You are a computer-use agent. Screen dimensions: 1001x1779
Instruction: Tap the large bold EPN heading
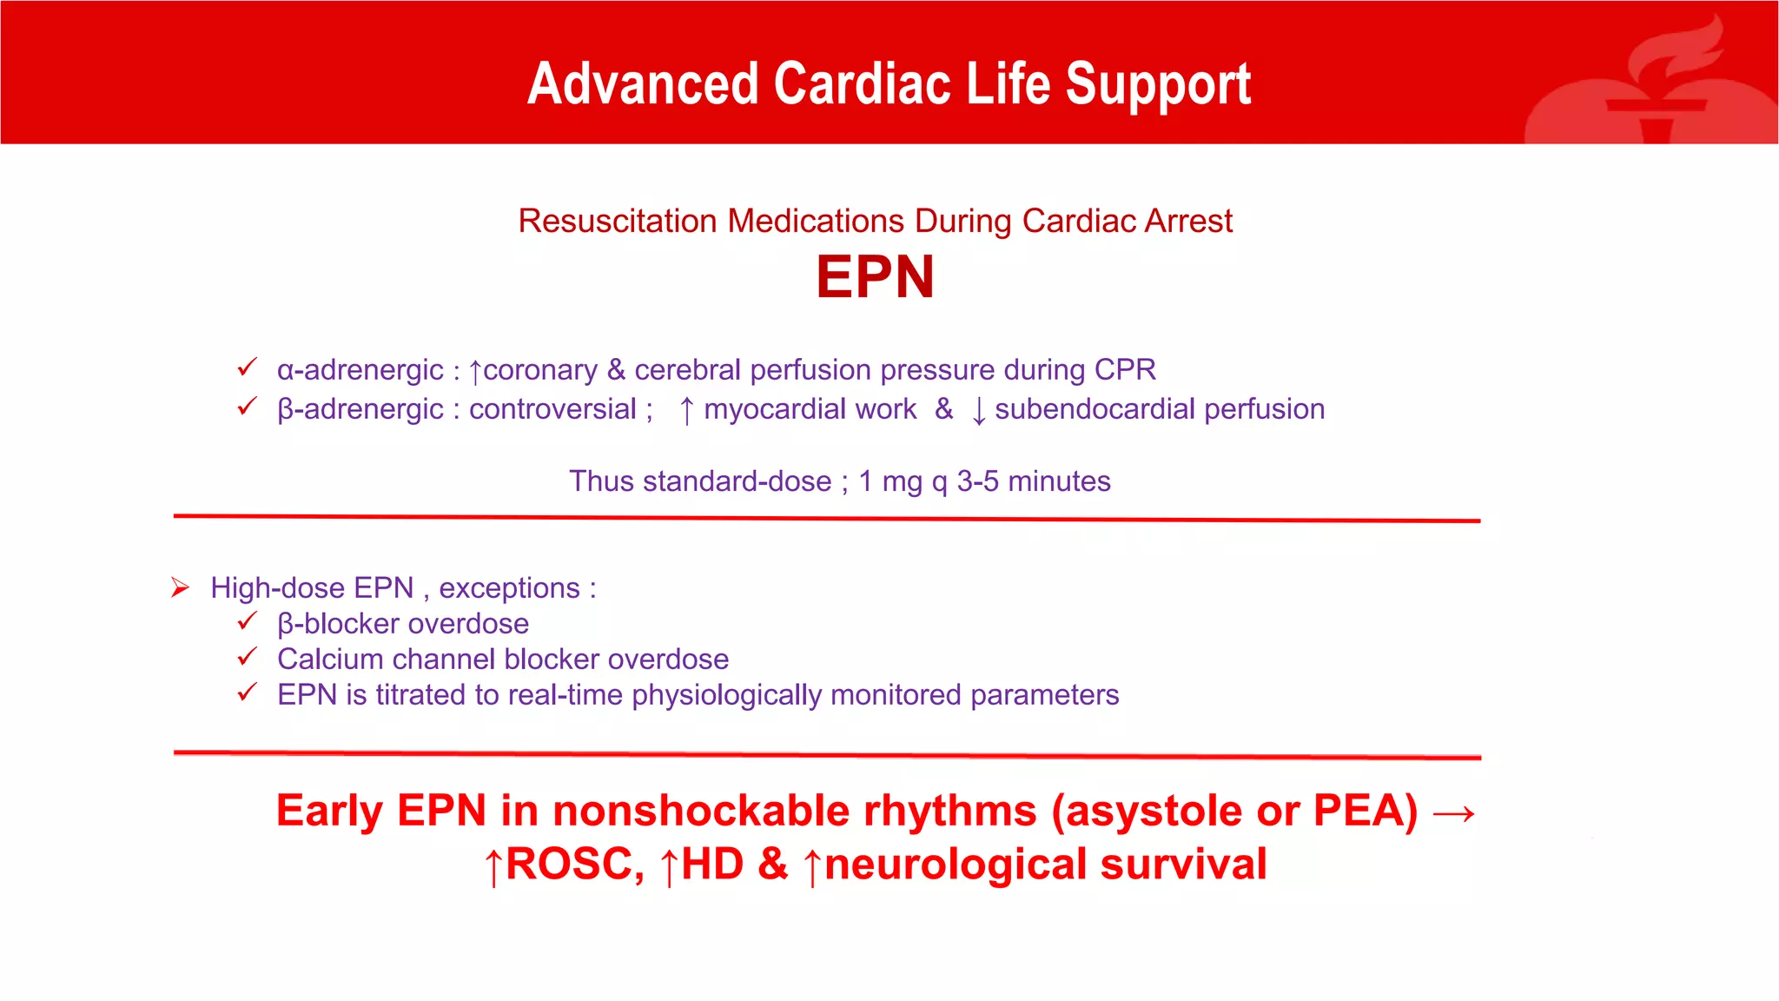click(875, 278)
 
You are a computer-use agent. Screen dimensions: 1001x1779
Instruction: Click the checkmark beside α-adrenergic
click(248, 368)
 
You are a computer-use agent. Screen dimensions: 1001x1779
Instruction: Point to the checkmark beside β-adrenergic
click(248, 407)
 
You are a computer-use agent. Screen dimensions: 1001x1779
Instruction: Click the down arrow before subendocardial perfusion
click(979, 410)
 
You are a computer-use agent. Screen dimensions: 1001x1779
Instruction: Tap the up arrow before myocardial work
click(686, 410)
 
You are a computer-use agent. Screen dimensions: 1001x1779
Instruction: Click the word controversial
click(552, 409)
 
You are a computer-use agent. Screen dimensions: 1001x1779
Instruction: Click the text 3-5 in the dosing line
click(977, 481)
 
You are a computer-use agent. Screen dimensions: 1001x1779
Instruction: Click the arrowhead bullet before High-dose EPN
click(180, 588)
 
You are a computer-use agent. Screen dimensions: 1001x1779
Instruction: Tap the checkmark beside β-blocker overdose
click(248, 621)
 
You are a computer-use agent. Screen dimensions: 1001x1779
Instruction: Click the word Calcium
click(330, 660)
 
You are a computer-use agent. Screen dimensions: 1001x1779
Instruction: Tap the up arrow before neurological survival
click(812, 867)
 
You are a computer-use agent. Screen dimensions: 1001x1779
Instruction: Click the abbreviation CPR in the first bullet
click(1125, 370)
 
